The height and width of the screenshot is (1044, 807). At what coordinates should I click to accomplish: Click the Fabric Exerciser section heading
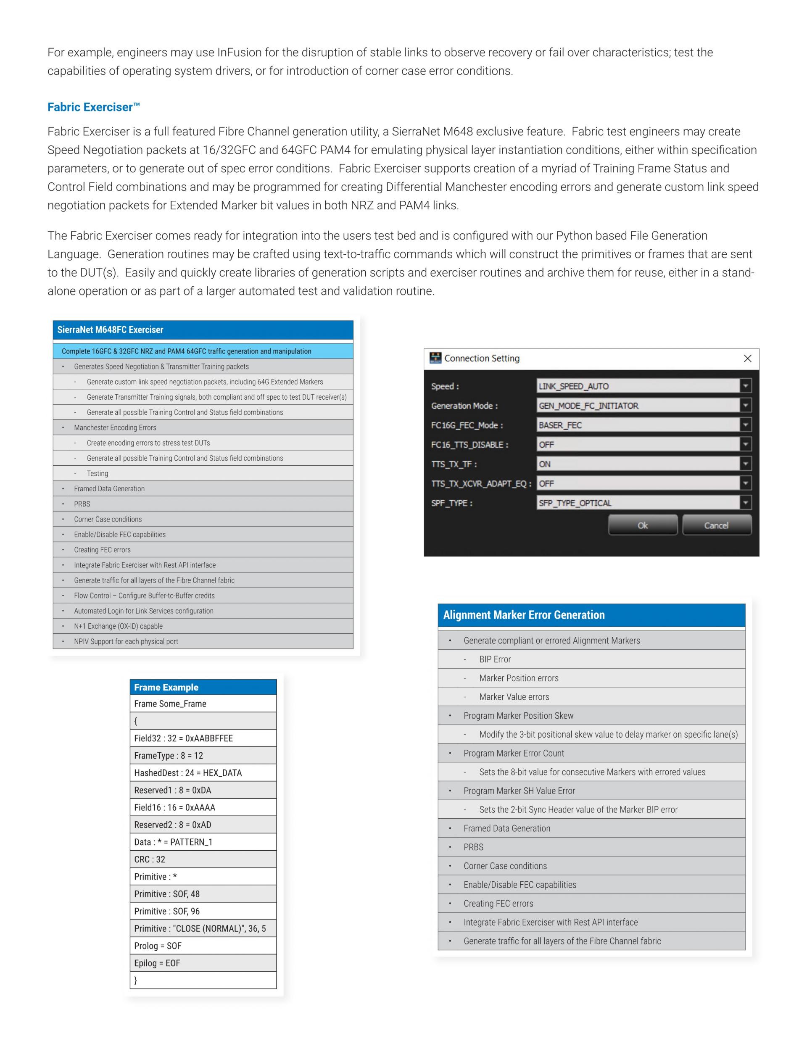point(93,107)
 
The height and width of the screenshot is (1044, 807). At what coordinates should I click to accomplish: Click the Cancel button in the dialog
point(716,525)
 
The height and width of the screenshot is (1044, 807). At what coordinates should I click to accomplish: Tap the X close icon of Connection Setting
point(748,359)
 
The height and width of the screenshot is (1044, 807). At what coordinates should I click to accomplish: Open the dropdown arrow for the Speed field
point(745,386)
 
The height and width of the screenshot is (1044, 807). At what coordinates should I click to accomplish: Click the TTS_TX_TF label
point(454,464)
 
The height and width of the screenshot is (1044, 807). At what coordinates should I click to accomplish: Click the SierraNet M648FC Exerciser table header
point(203,330)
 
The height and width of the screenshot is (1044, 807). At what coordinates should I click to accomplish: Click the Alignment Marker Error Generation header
point(591,615)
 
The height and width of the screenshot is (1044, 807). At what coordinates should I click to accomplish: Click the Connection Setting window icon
point(435,358)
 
